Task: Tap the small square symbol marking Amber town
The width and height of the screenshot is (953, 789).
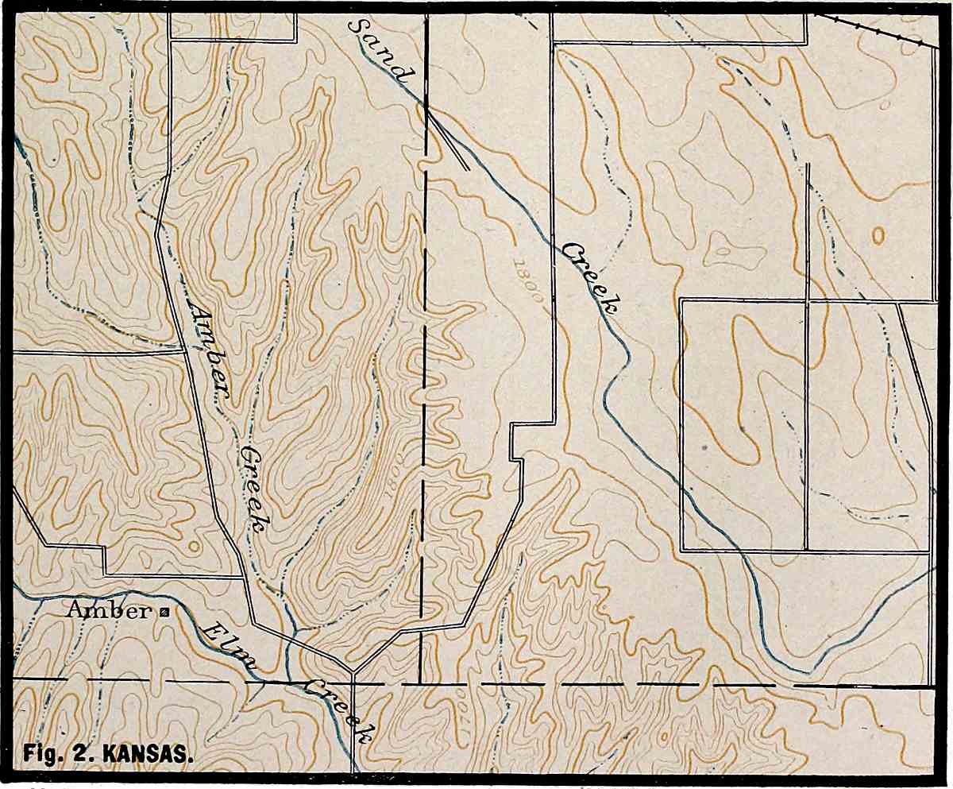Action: [164, 612]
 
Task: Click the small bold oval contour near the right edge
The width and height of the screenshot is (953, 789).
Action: [878, 235]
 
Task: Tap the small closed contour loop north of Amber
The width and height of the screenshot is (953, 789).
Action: [191, 547]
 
